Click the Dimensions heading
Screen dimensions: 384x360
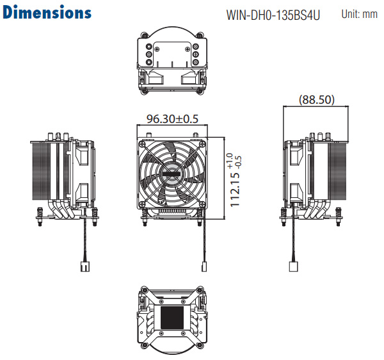47,12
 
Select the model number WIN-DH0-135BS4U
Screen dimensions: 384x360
273,15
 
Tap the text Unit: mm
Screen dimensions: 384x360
359,14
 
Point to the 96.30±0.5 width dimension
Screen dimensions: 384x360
172,119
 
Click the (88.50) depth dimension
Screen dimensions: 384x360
317,99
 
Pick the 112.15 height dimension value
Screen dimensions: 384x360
235,190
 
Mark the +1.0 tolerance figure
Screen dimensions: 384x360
230,161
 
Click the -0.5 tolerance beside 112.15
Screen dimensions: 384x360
238,161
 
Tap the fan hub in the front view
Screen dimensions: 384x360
171,174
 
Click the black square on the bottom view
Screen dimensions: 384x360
172,318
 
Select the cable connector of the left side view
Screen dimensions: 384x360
84,266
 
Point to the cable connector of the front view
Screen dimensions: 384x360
204,266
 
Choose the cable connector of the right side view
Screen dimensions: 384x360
293,266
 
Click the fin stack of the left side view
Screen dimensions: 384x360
41,171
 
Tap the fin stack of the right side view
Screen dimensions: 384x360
337,171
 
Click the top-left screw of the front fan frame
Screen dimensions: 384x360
142,144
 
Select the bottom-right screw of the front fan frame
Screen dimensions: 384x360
202,204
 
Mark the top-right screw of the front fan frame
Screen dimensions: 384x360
202,144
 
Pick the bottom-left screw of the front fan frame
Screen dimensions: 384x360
142,204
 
